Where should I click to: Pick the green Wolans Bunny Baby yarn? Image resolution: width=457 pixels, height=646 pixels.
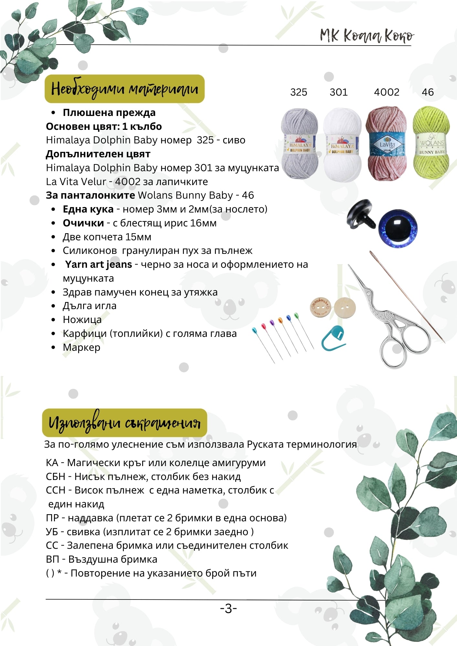point(431,142)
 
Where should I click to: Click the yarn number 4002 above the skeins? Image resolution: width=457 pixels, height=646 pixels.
point(387,92)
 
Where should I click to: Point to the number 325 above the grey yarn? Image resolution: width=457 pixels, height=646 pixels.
point(299,92)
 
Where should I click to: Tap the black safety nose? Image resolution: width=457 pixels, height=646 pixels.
point(360,215)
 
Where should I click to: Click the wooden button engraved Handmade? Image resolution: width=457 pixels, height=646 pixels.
point(320,307)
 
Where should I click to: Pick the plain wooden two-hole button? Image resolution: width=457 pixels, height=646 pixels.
point(345,307)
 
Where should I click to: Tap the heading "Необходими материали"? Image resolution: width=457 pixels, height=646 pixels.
point(124,89)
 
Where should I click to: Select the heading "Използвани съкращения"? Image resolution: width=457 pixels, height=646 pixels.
point(124,422)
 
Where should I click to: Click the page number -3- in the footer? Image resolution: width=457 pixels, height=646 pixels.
point(228,609)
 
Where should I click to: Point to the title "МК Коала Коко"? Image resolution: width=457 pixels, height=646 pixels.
point(367,36)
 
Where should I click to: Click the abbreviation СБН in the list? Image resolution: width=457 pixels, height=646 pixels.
point(56,477)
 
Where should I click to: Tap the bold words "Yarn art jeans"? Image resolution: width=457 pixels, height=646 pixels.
point(98,265)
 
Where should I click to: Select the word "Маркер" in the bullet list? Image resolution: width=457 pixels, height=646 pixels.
point(81,348)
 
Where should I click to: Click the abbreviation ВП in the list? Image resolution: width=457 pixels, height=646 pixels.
point(53,559)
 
